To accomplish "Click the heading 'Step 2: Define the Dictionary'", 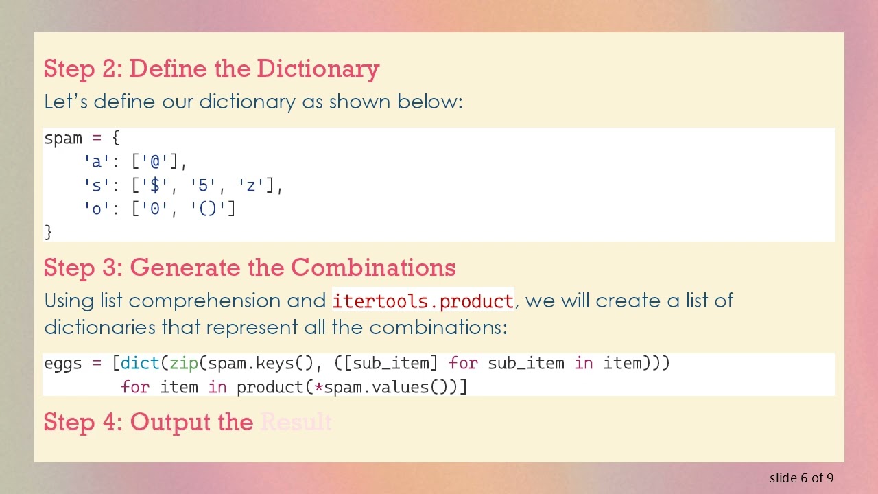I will tap(211, 69).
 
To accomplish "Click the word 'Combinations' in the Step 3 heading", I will tap(373, 268).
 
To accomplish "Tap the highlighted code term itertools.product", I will tap(423, 301).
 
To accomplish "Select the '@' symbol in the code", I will tap(155, 162).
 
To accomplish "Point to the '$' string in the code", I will tap(154, 185).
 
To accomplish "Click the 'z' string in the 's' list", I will tap(252, 185).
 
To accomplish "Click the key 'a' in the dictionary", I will tap(93, 162).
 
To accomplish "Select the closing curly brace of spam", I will tap(48, 232).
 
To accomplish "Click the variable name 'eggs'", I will tap(63, 363).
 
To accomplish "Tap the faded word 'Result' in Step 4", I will tap(296, 422).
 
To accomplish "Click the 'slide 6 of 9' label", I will tap(801, 478).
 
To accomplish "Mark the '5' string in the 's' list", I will tap(203, 185).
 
